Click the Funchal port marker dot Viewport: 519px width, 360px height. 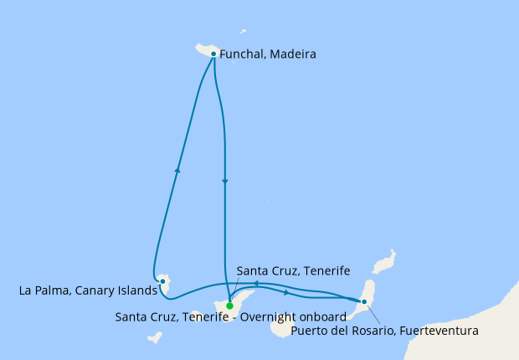click(x=213, y=54)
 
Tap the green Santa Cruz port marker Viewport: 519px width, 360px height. click(x=229, y=306)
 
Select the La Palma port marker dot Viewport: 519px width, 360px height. click(x=162, y=280)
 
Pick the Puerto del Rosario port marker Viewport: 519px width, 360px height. click(x=363, y=301)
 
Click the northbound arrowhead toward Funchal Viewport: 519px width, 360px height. click(x=177, y=170)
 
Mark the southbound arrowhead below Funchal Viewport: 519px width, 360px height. click(x=225, y=182)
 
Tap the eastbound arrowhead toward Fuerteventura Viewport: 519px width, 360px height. click(x=287, y=292)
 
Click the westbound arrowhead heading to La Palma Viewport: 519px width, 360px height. click(x=256, y=285)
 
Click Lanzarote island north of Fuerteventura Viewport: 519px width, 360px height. click(x=384, y=263)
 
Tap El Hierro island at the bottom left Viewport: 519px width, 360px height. click(x=154, y=338)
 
